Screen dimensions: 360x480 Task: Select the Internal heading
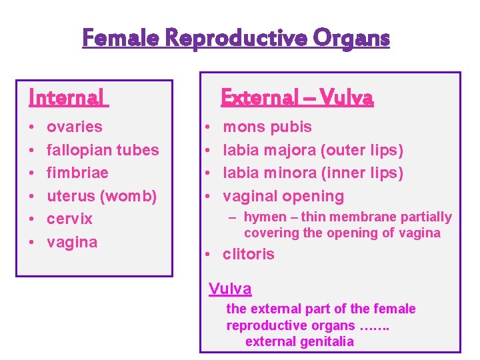tap(66, 98)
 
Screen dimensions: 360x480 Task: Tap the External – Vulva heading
tap(297, 98)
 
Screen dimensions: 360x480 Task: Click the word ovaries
tap(75, 127)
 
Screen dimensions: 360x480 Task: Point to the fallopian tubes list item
tap(103, 150)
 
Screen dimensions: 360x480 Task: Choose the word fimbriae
tap(77, 173)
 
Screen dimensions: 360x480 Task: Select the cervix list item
tap(69, 219)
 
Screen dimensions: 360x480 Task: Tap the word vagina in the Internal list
tap(72, 242)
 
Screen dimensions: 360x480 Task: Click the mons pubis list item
tap(267, 127)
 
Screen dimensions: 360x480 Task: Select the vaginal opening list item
tap(283, 196)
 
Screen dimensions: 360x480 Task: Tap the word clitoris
tap(248, 254)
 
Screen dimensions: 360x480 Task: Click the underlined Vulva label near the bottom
tap(230, 289)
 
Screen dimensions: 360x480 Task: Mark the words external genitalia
tap(299, 341)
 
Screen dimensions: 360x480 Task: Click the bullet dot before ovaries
tap(33, 127)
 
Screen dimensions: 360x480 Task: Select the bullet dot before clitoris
tap(209, 254)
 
